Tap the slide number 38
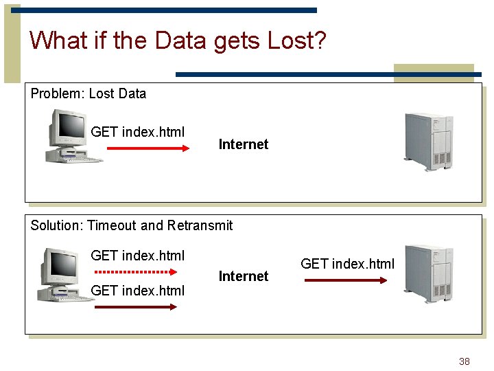464,361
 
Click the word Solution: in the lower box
57,225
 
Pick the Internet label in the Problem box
243,144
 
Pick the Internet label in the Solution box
243,276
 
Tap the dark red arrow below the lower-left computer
135,307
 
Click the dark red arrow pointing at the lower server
346,280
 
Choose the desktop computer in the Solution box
69,275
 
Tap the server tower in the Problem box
429,142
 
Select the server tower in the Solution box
429,273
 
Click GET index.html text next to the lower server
347,264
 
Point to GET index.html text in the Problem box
137,132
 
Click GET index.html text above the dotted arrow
137,256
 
